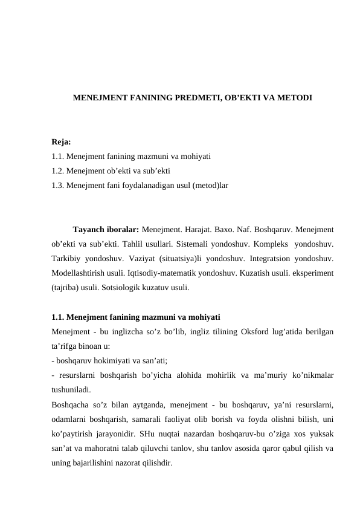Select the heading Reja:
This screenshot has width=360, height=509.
tap(61, 143)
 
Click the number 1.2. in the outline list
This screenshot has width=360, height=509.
tap(59, 169)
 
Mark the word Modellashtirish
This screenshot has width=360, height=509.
tap(80, 273)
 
